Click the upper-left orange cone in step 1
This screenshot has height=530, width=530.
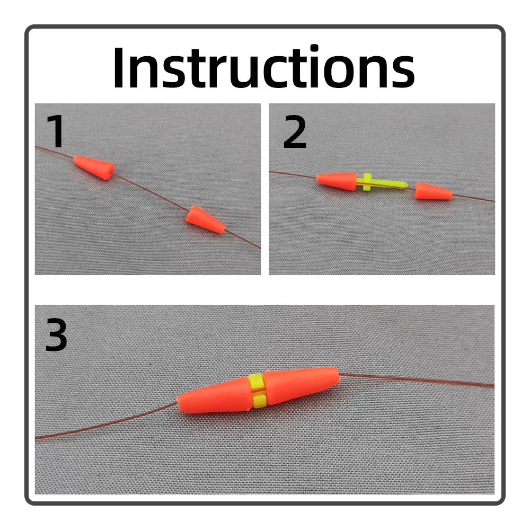tap(94, 168)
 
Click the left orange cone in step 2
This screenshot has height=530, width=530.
tap(337, 180)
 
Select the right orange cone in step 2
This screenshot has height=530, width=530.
tap(432, 191)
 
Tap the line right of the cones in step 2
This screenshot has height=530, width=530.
tap(474, 198)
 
